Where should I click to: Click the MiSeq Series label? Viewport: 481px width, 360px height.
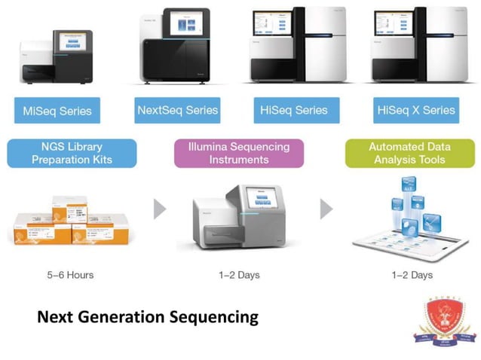[52, 111]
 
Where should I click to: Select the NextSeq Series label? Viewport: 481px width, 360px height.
[177, 111]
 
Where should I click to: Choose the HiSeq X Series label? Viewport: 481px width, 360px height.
[416, 111]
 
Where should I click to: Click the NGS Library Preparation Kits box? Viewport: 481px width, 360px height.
[72, 153]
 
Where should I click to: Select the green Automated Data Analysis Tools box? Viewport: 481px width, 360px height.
[406, 153]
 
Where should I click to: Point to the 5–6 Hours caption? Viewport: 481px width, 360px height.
[70, 275]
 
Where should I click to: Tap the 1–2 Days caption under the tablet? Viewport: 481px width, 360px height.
[412, 275]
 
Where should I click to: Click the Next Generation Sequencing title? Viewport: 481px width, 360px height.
[148, 317]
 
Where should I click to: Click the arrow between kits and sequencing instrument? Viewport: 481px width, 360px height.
[160, 209]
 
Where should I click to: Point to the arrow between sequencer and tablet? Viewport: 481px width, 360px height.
[326, 209]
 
